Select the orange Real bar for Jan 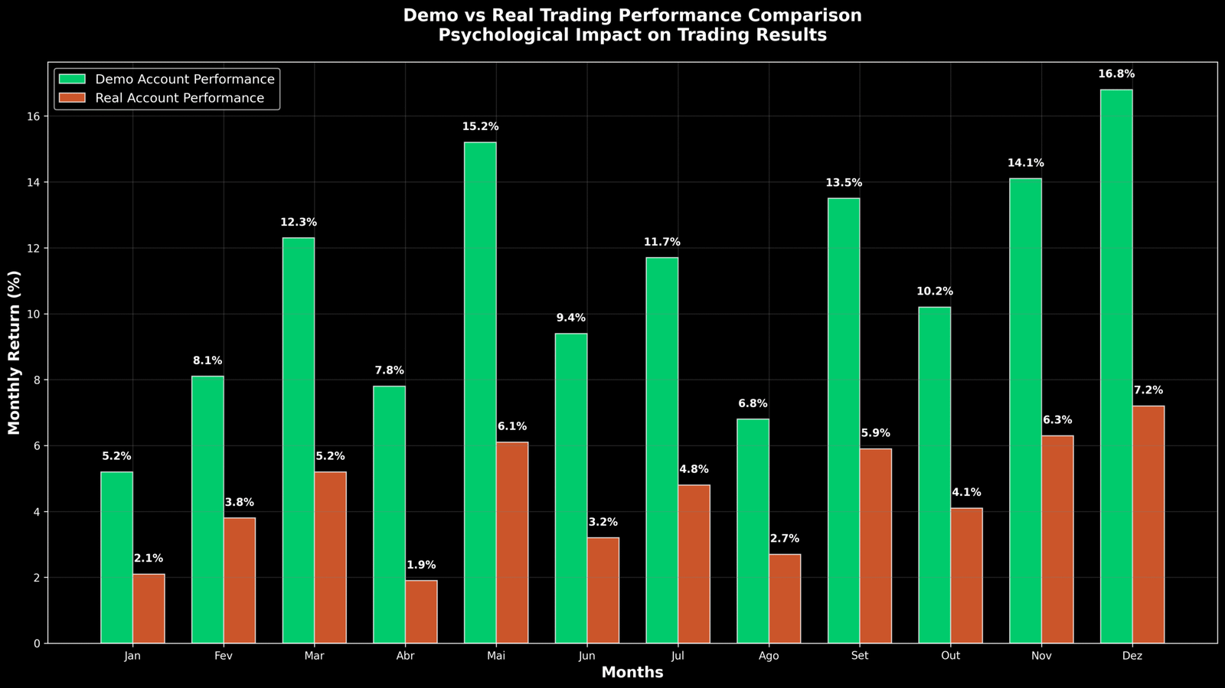click(x=149, y=608)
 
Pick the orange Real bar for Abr click(x=421, y=611)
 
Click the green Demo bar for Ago click(x=753, y=531)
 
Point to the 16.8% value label click(x=1116, y=74)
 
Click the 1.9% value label click(x=421, y=566)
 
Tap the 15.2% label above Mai click(x=480, y=127)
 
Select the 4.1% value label click(x=966, y=493)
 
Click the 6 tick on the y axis click(x=37, y=446)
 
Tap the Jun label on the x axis click(x=586, y=656)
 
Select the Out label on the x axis click(x=950, y=656)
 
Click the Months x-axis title click(x=632, y=673)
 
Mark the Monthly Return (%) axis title click(x=14, y=352)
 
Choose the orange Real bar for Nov click(x=1057, y=540)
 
